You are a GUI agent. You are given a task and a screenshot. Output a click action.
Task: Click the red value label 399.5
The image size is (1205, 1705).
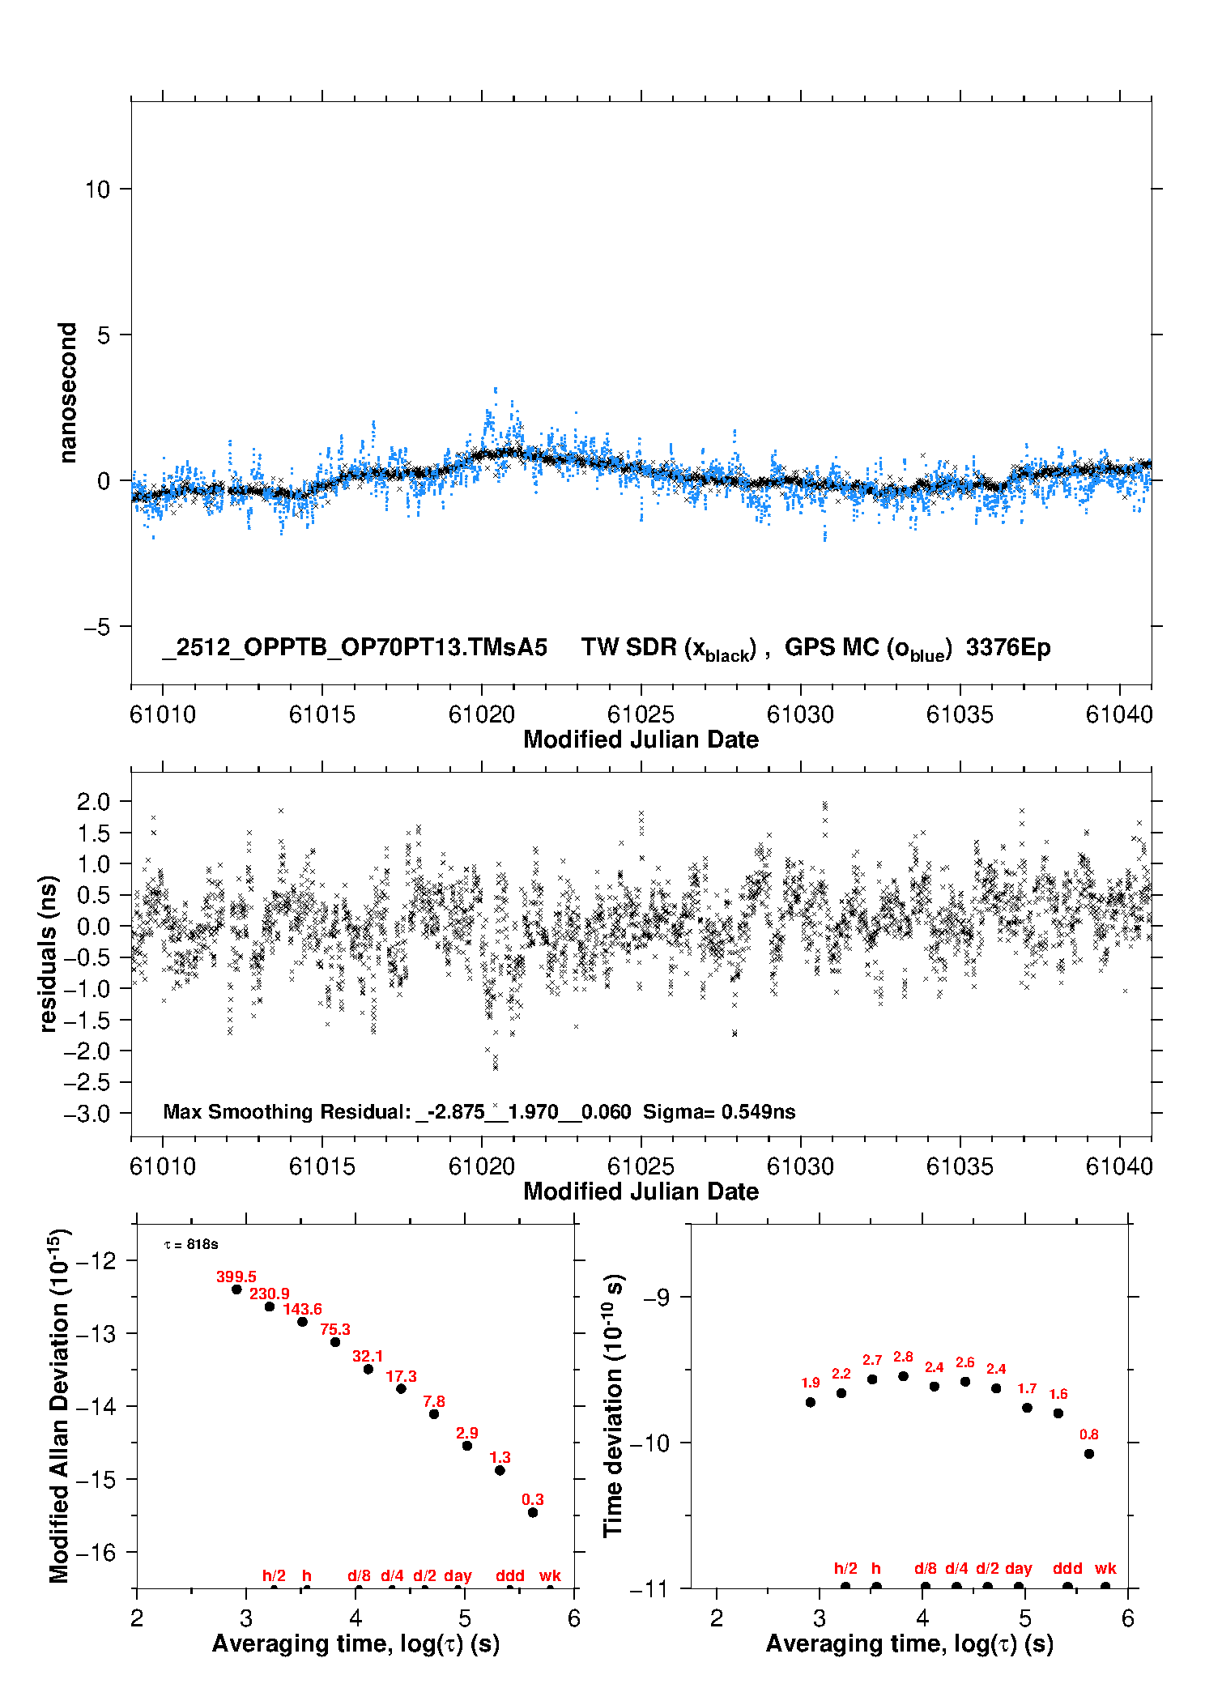click(x=236, y=1277)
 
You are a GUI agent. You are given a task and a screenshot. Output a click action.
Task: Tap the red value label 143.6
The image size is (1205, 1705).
click(x=302, y=1309)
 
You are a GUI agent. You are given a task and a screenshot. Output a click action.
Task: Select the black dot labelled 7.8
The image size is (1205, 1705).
click(x=434, y=1413)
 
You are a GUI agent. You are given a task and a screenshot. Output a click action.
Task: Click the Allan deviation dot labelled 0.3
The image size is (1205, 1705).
click(x=533, y=1512)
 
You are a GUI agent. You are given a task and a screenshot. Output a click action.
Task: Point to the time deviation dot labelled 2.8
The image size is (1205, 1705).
click(x=903, y=1376)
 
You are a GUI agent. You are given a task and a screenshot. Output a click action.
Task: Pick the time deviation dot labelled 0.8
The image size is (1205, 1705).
click(x=1089, y=1454)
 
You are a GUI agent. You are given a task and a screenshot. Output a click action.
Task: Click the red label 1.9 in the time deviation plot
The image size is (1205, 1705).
click(x=810, y=1383)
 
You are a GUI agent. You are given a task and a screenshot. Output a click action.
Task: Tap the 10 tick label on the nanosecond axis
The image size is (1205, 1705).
click(x=97, y=190)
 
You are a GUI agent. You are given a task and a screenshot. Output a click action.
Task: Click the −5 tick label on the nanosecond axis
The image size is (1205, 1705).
click(x=96, y=627)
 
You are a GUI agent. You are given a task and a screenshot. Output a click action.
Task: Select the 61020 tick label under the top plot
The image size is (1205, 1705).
click(x=481, y=715)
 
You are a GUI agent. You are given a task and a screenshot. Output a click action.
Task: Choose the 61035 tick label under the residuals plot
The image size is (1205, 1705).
click(x=960, y=1167)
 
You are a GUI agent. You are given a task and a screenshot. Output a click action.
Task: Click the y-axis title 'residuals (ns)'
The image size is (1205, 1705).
click(x=49, y=954)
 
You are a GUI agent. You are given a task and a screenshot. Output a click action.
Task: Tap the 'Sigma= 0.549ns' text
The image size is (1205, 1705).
click(x=719, y=1111)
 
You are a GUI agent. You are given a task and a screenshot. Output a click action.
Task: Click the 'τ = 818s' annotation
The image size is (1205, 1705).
click(x=191, y=1244)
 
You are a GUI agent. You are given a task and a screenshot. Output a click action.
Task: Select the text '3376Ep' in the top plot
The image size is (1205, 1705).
click(x=1007, y=648)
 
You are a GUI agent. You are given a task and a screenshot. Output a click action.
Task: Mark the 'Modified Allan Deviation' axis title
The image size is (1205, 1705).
click(x=59, y=1405)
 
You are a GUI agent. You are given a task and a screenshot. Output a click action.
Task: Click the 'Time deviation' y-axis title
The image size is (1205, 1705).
click(x=614, y=1406)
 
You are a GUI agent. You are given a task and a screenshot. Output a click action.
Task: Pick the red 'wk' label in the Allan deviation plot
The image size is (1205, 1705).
click(x=550, y=1575)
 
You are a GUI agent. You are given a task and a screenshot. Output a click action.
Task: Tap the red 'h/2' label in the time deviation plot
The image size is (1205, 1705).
click(x=845, y=1568)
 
